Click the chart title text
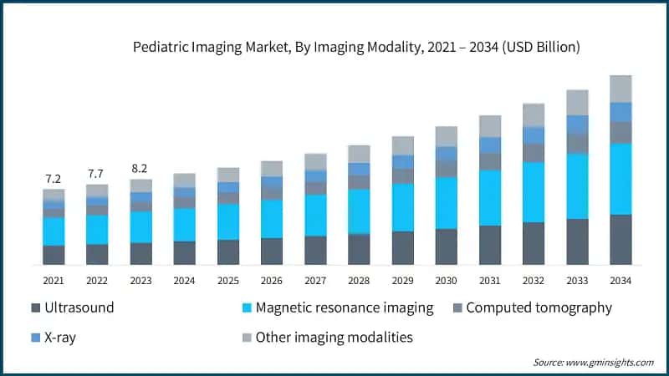point(357,48)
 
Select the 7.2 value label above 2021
point(54,179)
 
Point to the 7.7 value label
point(97,174)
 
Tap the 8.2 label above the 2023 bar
point(141,168)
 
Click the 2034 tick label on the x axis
point(620,280)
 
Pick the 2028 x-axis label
point(359,280)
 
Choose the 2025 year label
point(227,280)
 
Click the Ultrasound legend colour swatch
point(37,308)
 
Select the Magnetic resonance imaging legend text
point(345,307)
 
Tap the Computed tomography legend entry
point(539,307)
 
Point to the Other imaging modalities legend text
point(334,338)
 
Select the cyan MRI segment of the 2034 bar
point(620,179)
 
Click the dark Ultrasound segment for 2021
point(54,255)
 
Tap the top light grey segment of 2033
point(577,102)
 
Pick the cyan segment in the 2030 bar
point(446,203)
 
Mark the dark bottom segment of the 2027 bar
point(315,250)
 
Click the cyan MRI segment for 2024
point(184,225)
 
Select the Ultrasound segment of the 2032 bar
point(533,243)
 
